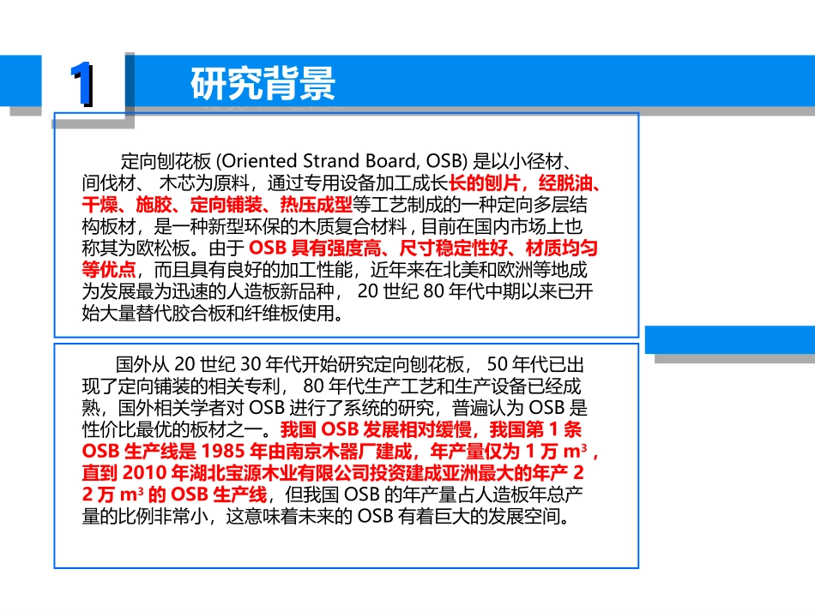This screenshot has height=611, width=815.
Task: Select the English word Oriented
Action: (x=259, y=160)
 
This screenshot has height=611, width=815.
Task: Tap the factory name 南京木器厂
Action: (x=331, y=451)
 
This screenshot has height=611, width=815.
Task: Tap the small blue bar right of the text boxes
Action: (x=729, y=339)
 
